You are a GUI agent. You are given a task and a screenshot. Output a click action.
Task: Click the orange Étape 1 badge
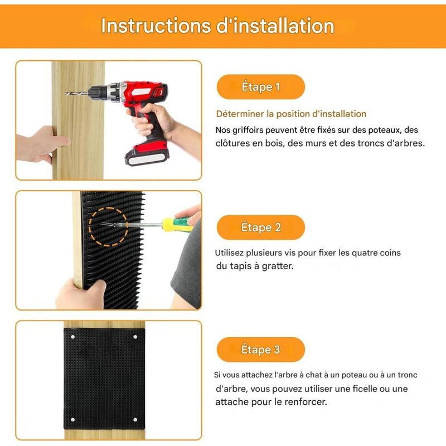(x=260, y=87)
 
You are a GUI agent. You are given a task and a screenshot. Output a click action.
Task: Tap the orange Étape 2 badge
(x=260, y=227)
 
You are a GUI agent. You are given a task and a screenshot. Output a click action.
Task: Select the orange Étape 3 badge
(x=260, y=350)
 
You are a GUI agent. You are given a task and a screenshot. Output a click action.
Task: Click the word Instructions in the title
(x=156, y=26)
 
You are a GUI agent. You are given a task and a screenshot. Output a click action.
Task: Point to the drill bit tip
(x=66, y=93)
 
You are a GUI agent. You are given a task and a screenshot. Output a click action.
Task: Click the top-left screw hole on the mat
(x=72, y=337)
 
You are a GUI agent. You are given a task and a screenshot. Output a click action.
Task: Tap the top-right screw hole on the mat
(x=135, y=337)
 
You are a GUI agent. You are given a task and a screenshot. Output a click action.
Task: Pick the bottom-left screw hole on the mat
(x=72, y=420)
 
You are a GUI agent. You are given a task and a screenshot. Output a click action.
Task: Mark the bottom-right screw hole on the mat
(x=135, y=420)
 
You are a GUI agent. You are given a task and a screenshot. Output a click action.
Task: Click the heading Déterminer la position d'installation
(x=291, y=114)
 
